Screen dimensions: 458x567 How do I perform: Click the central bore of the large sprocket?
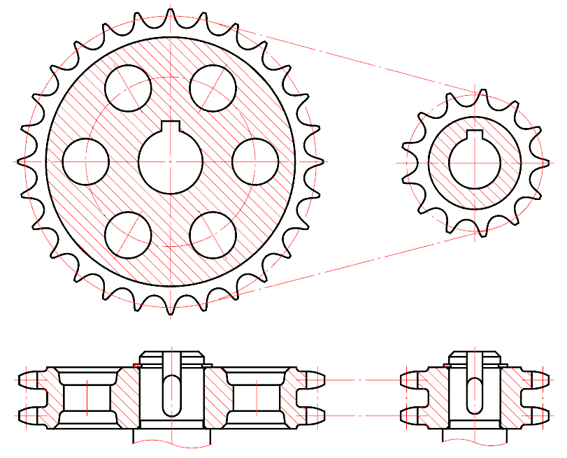(x=171, y=162)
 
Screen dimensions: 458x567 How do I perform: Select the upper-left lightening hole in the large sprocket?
(x=128, y=88)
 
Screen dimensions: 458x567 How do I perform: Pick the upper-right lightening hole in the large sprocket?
(x=213, y=88)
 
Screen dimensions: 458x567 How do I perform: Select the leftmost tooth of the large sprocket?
(x=24, y=162)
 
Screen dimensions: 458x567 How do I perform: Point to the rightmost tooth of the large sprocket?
(x=318, y=162)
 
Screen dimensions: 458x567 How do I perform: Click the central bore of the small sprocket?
(x=475, y=163)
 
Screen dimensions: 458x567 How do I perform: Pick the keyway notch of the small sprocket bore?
(x=475, y=134)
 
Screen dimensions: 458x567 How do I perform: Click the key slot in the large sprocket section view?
(x=171, y=395)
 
